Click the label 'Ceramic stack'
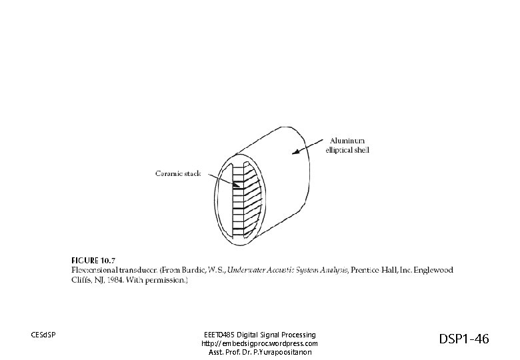178,174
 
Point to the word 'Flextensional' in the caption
93,270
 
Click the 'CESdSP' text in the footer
43,334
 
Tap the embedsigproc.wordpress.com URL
259,343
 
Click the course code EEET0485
219,334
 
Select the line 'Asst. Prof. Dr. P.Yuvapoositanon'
259,352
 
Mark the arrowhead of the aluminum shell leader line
291,153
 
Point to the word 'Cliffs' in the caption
81,281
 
